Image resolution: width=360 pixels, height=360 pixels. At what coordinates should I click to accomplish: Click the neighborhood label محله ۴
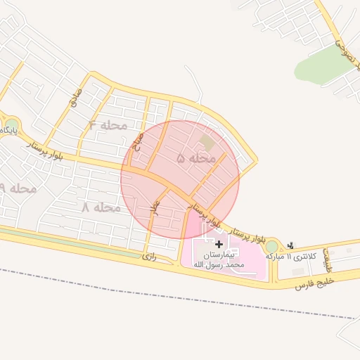pos(108,125)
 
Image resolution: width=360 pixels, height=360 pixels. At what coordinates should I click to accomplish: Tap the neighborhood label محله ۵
pos(195,159)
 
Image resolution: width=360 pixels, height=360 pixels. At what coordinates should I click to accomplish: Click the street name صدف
pos(73,98)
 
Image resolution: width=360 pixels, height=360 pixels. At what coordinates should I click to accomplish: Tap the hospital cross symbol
pos(219,243)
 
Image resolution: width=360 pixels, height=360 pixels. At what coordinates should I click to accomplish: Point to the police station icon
pos(290,245)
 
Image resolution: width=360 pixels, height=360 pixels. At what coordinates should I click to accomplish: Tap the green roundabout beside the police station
pos(271,246)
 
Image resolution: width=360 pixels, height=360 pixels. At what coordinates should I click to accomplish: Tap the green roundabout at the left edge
pos(12,124)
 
